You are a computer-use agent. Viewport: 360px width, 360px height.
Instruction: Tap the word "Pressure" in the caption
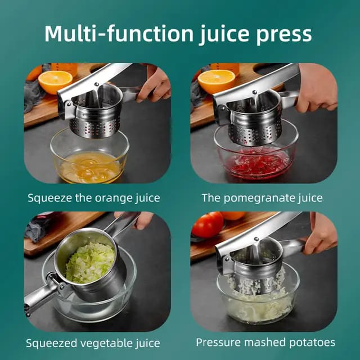tap(217, 342)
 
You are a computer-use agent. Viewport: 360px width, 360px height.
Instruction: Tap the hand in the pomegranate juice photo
tap(318, 90)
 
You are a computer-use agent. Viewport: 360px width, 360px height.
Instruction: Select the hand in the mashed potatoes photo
tap(320, 234)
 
